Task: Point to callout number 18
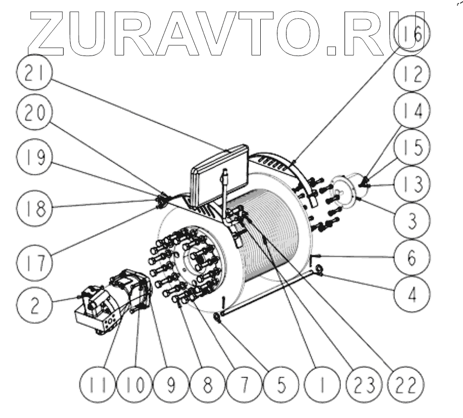pos(34,207)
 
